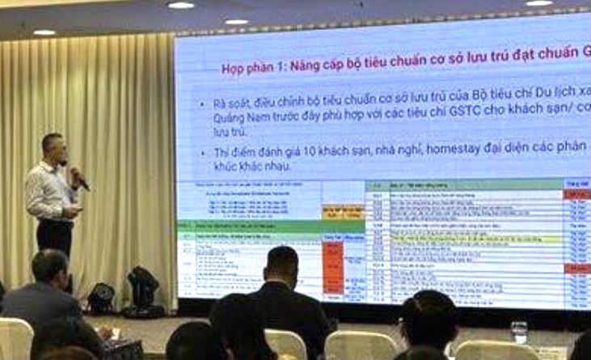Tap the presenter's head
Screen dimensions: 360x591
[53, 148]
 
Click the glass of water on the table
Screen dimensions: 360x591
[518, 331]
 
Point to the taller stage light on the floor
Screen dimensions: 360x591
[143, 288]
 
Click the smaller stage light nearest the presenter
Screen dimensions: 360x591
[101, 298]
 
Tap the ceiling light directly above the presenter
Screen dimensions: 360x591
[44, 32]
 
